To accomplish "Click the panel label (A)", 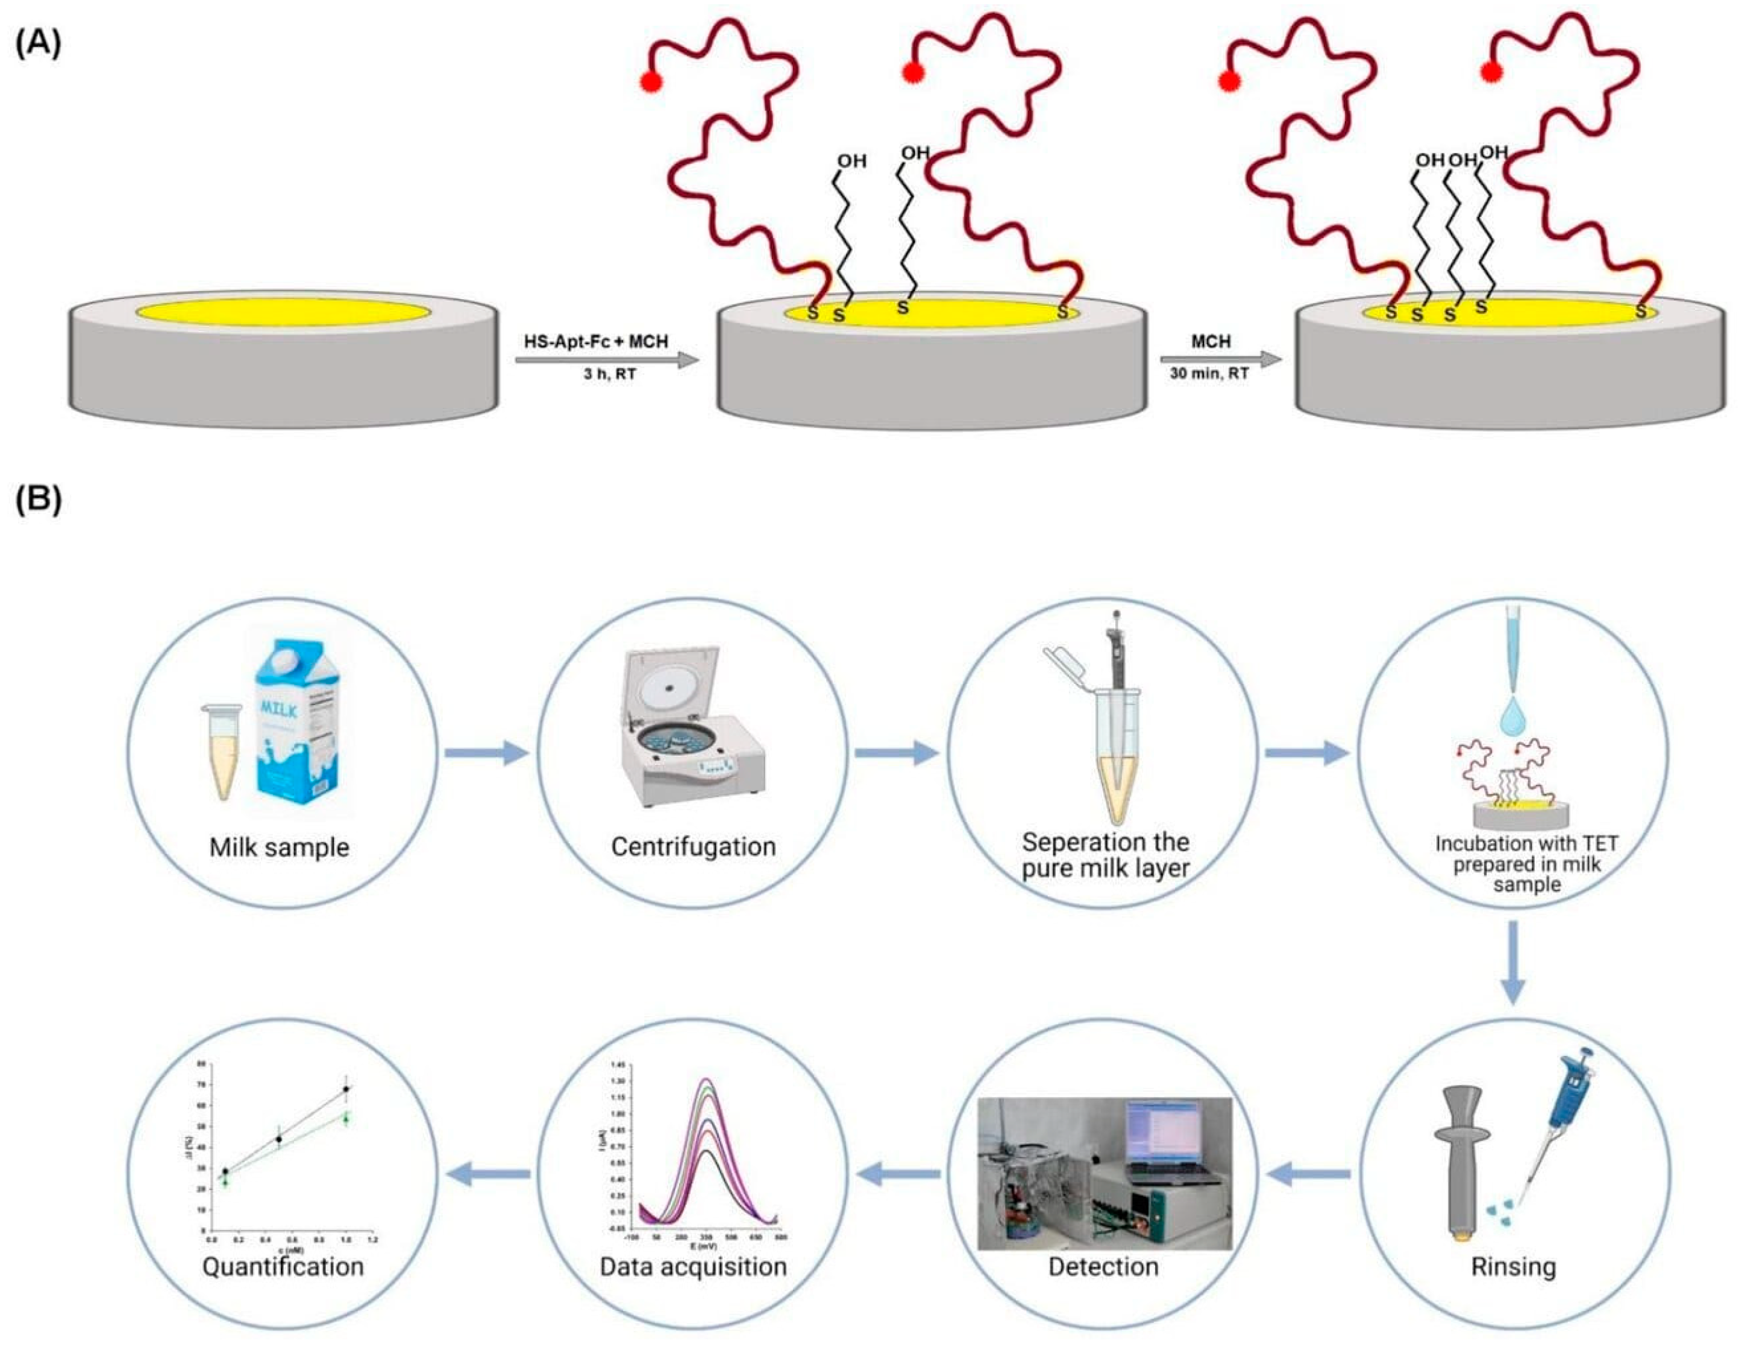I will (x=37, y=45).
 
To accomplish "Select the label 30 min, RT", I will (x=1209, y=372).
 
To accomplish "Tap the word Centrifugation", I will (x=693, y=846).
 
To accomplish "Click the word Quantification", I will (x=283, y=1267).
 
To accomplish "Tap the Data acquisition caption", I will (x=693, y=1267).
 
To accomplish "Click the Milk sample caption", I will (x=280, y=846).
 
